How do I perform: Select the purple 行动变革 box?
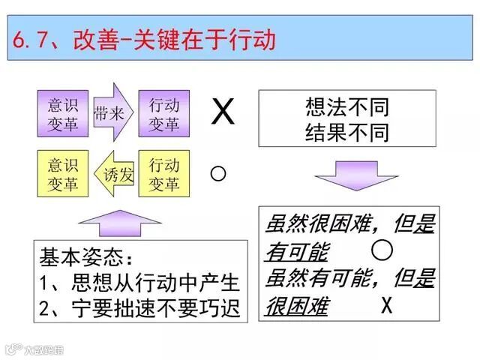164,113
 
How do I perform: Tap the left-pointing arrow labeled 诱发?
114,174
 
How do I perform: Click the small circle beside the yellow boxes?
218,174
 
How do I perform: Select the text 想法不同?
346,106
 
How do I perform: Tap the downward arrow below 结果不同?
355,177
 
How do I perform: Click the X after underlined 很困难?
387,306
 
